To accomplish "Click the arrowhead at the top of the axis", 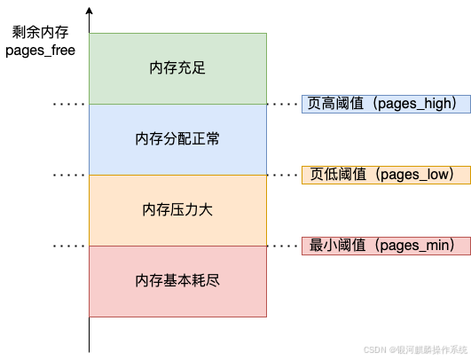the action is pyautogui.click(x=90, y=11).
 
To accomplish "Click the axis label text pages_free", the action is pyautogui.click(x=40, y=51).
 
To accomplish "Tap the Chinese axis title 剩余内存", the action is pyautogui.click(x=40, y=32).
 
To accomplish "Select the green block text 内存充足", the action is pyautogui.click(x=177, y=68).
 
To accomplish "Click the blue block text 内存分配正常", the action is pyautogui.click(x=177, y=138).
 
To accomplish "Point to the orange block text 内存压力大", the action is pyautogui.click(x=177, y=209).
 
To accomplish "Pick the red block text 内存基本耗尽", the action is pyautogui.click(x=177, y=280).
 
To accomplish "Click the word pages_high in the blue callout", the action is pyautogui.click(x=415, y=104).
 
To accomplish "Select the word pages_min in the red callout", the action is pyautogui.click(x=415, y=246).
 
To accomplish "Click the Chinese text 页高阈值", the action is pyautogui.click(x=335, y=103).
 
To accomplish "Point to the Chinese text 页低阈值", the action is pyautogui.click(x=338, y=174).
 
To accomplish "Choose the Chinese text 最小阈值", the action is pyautogui.click(x=338, y=245).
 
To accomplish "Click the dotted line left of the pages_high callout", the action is pyautogui.click(x=282, y=104).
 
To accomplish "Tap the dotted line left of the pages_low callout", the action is pyautogui.click(x=282, y=175).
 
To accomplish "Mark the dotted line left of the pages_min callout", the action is pyautogui.click(x=282, y=246).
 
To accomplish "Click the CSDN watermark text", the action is pyautogui.click(x=415, y=349).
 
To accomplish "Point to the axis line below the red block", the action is pyautogui.click(x=90, y=334).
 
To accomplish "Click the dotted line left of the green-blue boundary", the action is pyautogui.click(x=69, y=104).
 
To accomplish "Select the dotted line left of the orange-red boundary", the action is pyautogui.click(x=69, y=246).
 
